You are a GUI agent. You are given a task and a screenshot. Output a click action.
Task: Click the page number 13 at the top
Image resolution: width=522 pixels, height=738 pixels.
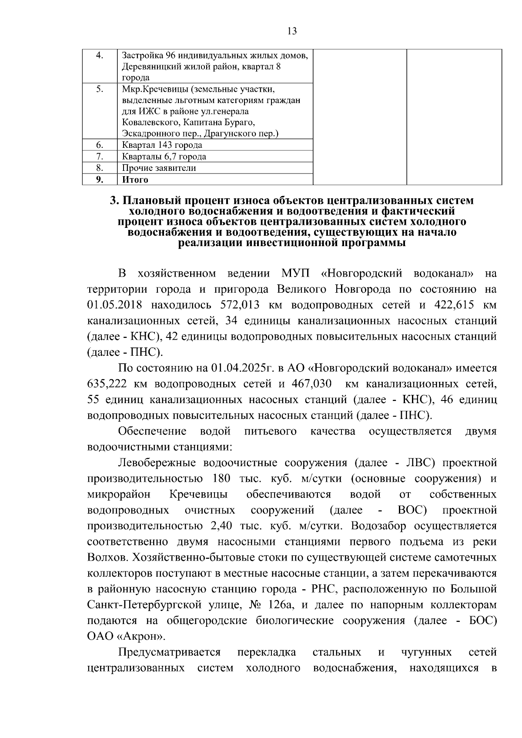[292, 31]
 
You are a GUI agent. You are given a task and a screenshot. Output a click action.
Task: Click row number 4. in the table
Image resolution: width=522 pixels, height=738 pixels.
[99, 55]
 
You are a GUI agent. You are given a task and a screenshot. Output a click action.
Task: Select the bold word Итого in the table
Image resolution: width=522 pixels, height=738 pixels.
[135, 180]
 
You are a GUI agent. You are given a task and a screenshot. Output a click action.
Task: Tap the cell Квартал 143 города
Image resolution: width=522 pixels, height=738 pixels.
[162, 145]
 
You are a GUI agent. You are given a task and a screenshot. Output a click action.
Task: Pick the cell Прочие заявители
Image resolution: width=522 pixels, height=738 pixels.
[159, 168]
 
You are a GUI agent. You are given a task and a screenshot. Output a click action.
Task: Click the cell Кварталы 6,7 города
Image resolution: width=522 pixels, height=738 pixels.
[164, 157]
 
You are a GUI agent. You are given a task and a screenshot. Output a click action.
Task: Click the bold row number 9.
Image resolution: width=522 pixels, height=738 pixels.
[99, 180]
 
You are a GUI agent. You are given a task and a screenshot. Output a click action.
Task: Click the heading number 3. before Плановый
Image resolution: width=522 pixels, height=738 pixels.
[114, 201]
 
